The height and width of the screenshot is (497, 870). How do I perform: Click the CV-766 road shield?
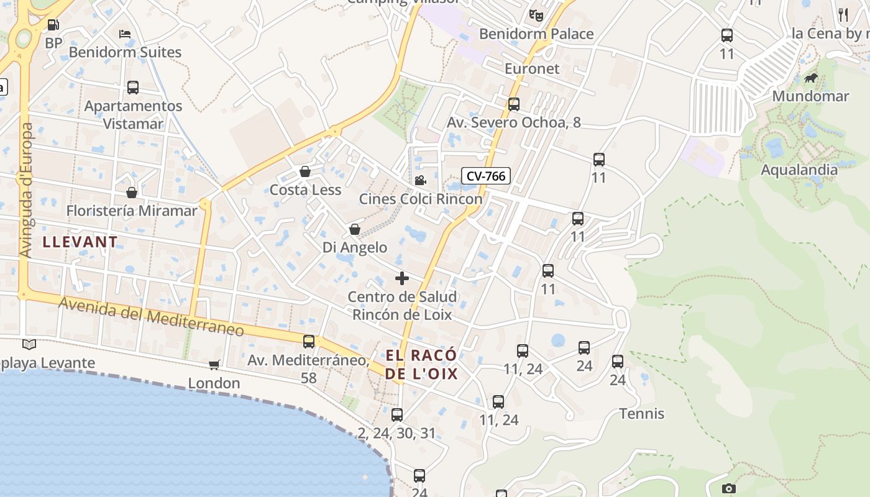tap(486, 176)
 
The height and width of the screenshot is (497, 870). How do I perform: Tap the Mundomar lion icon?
tap(810, 78)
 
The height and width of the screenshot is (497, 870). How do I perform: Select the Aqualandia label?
tap(799, 170)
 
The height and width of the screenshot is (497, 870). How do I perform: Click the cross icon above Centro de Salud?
tap(402, 278)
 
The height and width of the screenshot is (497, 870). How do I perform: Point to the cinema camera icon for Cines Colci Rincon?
tap(420, 180)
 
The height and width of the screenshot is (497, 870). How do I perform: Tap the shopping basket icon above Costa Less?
tap(305, 171)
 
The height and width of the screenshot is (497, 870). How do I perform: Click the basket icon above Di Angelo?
tap(355, 229)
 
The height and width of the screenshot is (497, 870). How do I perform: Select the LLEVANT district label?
tap(80, 242)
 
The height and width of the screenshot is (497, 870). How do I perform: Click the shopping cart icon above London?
tap(214, 365)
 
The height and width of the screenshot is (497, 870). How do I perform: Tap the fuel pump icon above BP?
tap(53, 25)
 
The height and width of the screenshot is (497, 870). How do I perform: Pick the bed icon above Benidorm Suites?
tap(125, 34)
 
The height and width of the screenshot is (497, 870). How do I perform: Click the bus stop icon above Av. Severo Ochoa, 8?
tap(514, 104)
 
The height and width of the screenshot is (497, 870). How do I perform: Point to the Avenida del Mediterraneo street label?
tap(152, 316)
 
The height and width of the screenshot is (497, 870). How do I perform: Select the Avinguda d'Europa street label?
tap(26, 190)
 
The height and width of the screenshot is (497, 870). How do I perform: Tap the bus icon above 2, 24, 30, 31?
tap(397, 414)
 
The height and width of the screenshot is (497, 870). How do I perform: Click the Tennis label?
tap(642, 414)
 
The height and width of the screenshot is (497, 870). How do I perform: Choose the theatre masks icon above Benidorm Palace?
tap(536, 15)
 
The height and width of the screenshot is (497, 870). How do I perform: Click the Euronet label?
tap(532, 68)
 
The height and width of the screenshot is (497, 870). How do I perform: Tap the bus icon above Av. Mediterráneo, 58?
tap(309, 341)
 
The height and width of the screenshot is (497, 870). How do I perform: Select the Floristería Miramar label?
tap(132, 211)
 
